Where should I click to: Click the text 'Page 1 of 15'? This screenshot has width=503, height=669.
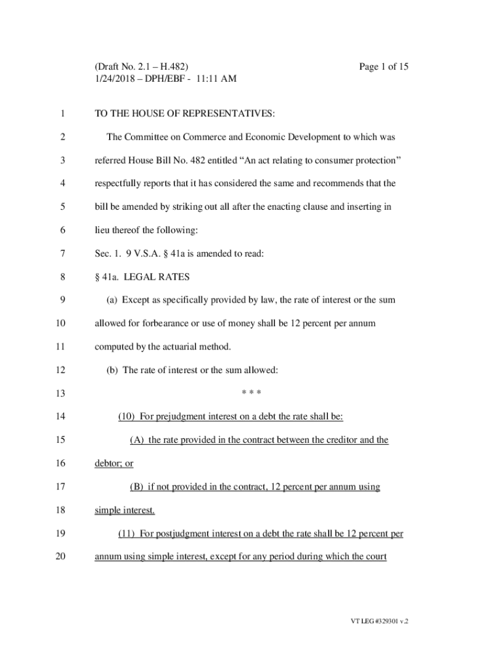[384, 67]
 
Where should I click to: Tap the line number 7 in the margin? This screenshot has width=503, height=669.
[61, 253]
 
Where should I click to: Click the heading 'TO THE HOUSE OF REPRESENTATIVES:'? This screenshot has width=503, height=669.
[185, 114]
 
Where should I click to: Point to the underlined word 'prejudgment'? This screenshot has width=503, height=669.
[181, 416]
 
